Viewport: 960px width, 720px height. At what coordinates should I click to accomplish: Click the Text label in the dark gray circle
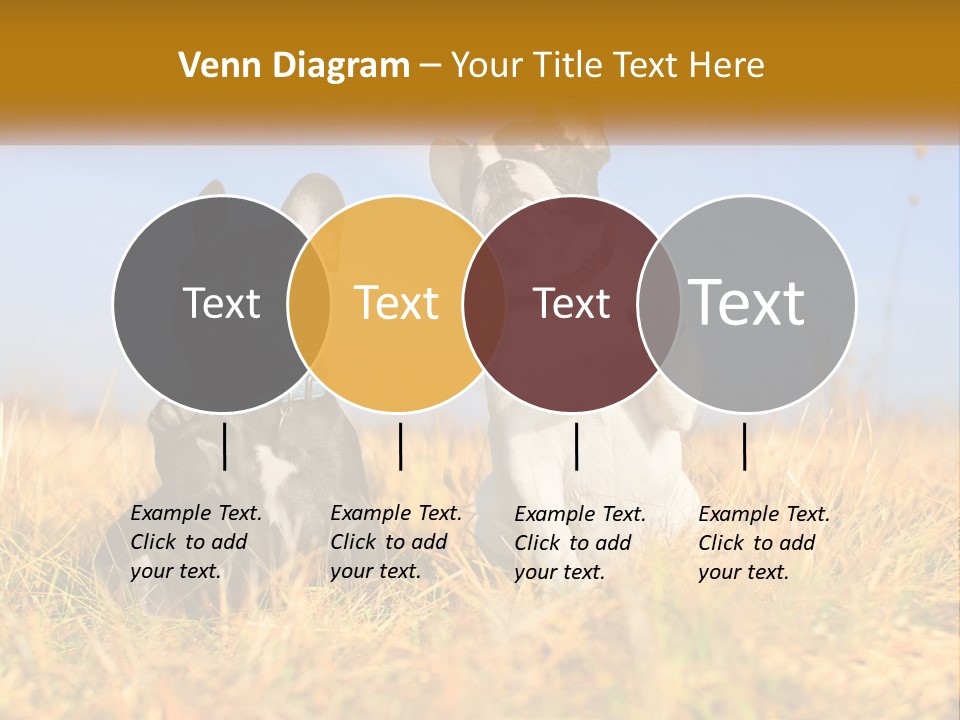(221, 303)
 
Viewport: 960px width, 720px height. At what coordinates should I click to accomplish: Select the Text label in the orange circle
(396, 303)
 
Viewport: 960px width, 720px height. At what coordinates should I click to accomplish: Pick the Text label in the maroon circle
(571, 303)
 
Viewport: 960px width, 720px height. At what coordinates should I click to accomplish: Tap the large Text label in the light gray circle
(746, 302)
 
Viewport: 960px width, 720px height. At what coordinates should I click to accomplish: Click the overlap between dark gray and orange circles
(309, 303)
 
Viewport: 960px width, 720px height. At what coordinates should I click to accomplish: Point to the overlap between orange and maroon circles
(484, 303)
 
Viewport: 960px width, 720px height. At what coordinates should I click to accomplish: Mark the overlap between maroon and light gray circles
(659, 303)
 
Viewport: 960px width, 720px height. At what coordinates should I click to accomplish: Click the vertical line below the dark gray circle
(225, 446)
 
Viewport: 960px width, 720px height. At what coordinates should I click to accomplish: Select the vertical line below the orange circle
(400, 446)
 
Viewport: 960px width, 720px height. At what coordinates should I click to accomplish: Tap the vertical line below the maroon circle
(576, 446)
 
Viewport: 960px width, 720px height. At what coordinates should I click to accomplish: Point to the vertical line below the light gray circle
(744, 446)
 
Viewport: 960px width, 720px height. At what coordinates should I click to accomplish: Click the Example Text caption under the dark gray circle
(195, 542)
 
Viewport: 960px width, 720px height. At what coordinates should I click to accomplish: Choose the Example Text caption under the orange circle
(395, 542)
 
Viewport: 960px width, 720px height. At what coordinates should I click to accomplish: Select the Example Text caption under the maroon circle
(579, 543)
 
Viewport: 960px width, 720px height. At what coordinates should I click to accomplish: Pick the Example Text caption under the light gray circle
(763, 543)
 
